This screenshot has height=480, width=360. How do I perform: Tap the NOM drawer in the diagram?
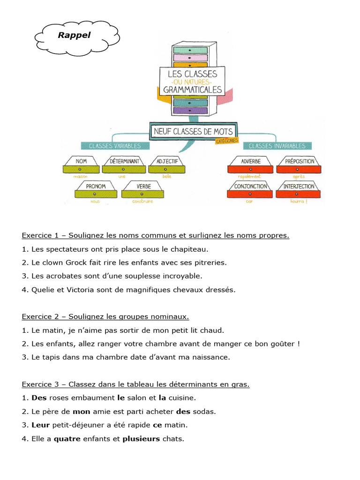point(81,165)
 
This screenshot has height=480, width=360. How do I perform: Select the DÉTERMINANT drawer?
point(124,165)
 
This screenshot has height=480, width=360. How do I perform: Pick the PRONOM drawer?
point(96,189)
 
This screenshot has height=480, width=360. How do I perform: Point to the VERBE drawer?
point(143,189)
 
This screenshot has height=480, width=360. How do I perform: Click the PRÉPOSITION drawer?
point(299,165)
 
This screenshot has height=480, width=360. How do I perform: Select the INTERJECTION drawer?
point(299,189)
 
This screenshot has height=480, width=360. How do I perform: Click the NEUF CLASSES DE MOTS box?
point(193,132)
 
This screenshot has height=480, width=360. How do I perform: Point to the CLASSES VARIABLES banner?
point(111,146)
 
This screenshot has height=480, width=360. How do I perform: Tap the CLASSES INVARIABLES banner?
point(277,146)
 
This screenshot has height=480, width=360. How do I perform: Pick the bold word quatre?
point(67,439)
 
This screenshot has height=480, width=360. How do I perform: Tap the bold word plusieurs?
point(141,439)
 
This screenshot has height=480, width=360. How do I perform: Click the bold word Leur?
point(40,425)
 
